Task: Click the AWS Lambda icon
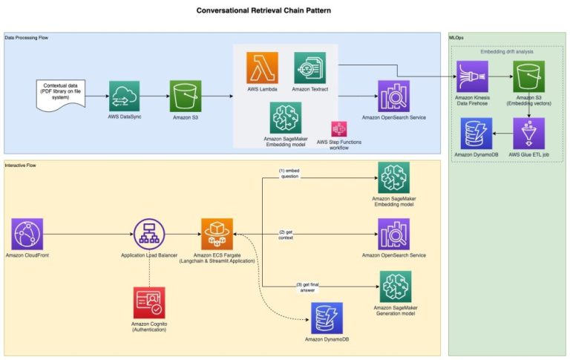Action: (262, 68)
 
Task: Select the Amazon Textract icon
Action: (309, 68)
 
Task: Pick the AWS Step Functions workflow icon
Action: (339, 128)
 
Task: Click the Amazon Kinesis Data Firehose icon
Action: (472, 76)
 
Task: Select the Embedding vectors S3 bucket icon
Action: (528, 76)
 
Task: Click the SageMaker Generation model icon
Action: (394, 287)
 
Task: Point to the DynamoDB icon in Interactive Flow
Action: (327, 317)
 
